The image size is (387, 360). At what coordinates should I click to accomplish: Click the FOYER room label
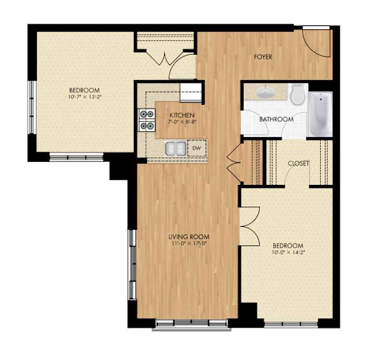263,56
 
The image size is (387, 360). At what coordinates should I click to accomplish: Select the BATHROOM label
276,119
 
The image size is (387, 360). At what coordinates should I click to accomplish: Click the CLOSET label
298,163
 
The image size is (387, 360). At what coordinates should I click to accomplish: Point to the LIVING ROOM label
188,236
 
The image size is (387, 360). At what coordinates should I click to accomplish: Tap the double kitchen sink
176,148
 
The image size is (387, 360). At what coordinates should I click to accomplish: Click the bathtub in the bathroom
319,113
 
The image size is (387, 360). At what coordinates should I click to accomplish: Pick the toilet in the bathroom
297,94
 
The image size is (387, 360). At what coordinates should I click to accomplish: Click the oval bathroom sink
265,92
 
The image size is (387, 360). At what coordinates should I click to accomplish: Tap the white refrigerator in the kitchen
190,92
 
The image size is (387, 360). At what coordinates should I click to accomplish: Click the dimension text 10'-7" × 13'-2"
85,97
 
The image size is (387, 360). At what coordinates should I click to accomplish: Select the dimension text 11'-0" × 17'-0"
188,243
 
